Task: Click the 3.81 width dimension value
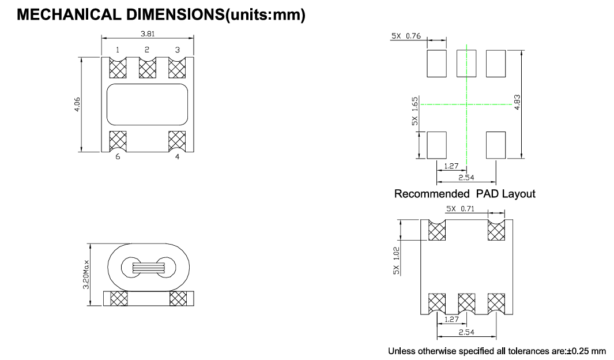pyautogui.click(x=148, y=33)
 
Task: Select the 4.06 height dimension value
pyautogui.click(x=77, y=104)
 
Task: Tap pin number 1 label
pyautogui.click(x=118, y=50)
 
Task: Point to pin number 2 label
pyautogui.click(x=147, y=50)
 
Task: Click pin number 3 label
pyautogui.click(x=178, y=50)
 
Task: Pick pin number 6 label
pyautogui.click(x=118, y=157)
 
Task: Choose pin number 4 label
pyautogui.click(x=178, y=157)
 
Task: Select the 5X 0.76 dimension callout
pyautogui.click(x=406, y=36)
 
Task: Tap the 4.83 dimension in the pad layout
pyautogui.click(x=517, y=102)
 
